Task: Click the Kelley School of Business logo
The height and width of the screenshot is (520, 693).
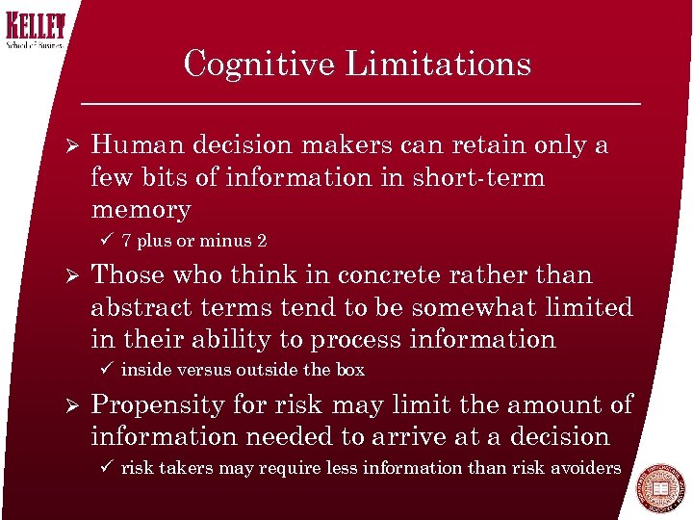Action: click(x=35, y=30)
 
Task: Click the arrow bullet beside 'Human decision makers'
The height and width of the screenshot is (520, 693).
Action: click(x=64, y=145)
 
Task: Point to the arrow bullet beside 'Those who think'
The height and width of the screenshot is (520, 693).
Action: click(x=64, y=275)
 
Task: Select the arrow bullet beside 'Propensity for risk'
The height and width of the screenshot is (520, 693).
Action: click(x=64, y=405)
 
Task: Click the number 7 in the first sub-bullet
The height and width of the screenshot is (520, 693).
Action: click(x=127, y=242)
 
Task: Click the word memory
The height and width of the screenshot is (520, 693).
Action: click(x=141, y=210)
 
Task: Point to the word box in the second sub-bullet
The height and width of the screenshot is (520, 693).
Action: click(x=350, y=371)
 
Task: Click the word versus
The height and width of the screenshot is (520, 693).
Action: click(x=199, y=371)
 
